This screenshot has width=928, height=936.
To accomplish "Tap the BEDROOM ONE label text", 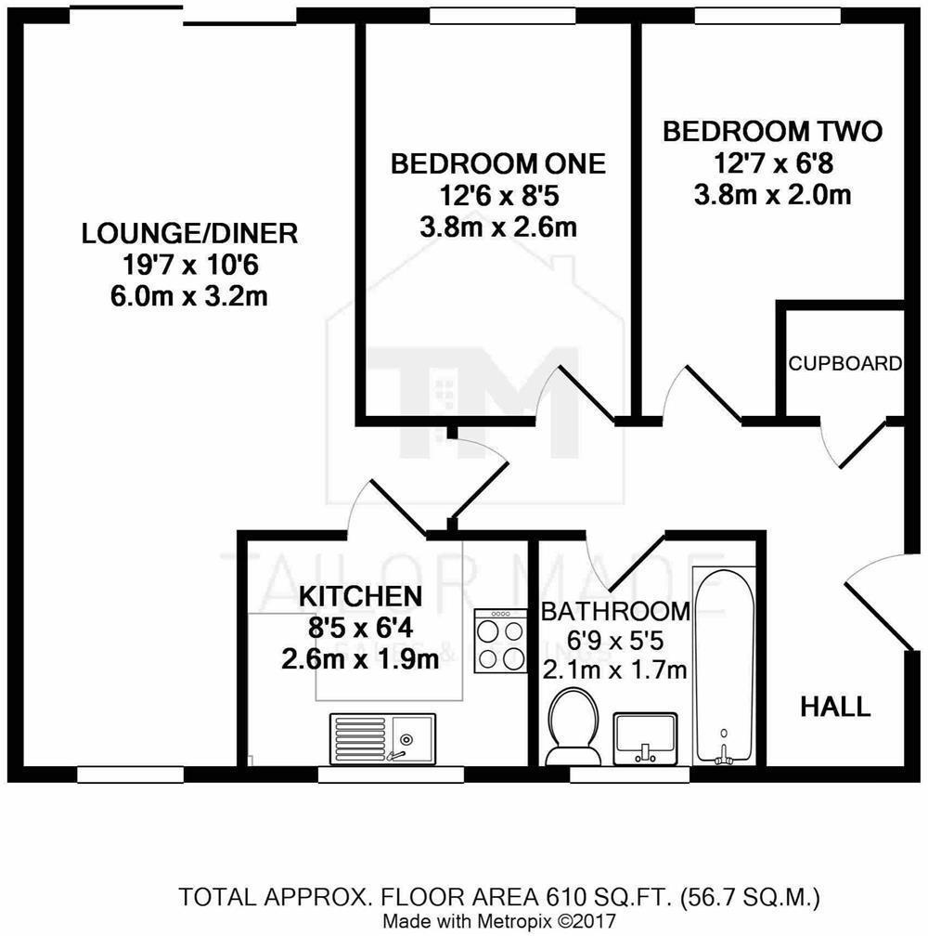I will tap(498, 164).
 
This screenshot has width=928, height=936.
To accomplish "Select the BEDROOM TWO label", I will tap(772, 131).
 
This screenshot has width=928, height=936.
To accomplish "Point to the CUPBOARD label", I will tap(844, 363).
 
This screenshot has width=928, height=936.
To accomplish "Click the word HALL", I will tap(836, 708).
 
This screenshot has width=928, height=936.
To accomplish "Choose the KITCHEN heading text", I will tap(360, 595).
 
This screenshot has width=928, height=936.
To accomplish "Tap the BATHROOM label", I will tap(615, 612).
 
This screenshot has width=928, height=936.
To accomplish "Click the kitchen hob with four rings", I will tap(500, 641).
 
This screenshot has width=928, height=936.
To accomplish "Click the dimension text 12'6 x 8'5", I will tap(498, 196).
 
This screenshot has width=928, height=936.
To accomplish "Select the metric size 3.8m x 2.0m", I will tap(772, 195).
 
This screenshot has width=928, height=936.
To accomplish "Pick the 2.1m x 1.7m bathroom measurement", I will tap(615, 669).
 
